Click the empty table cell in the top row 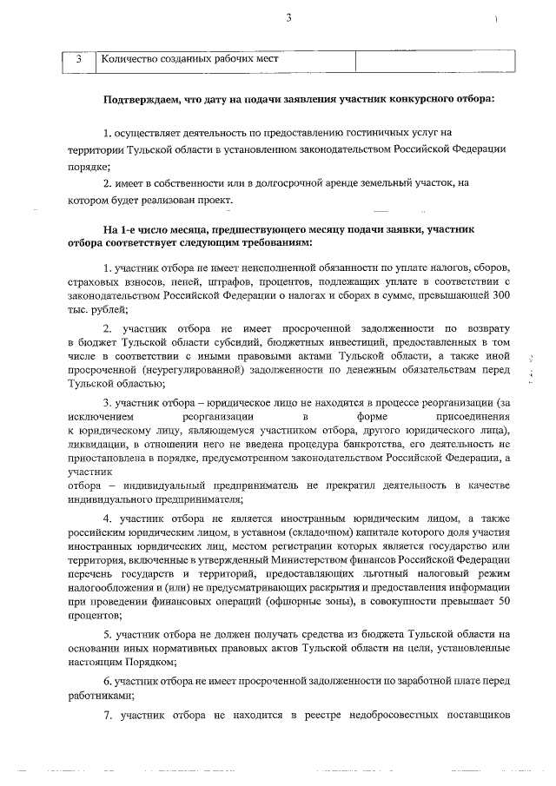pyautogui.click(x=435, y=60)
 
